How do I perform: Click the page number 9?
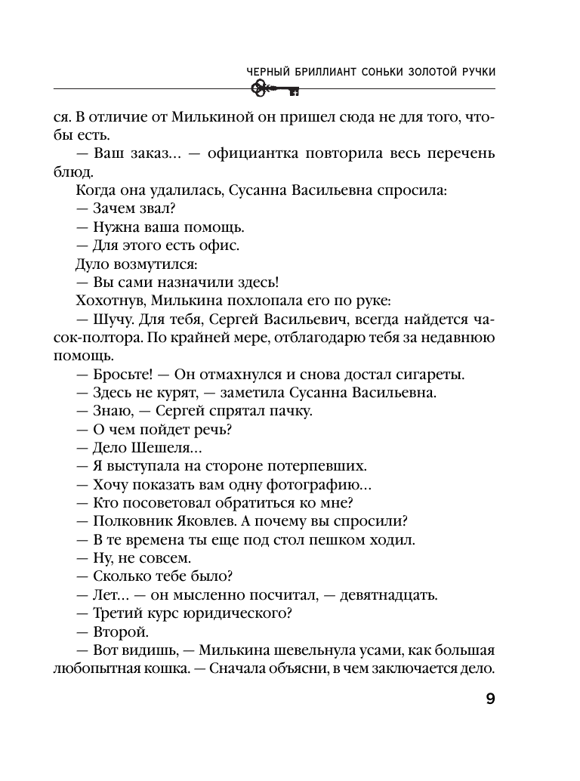489,698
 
